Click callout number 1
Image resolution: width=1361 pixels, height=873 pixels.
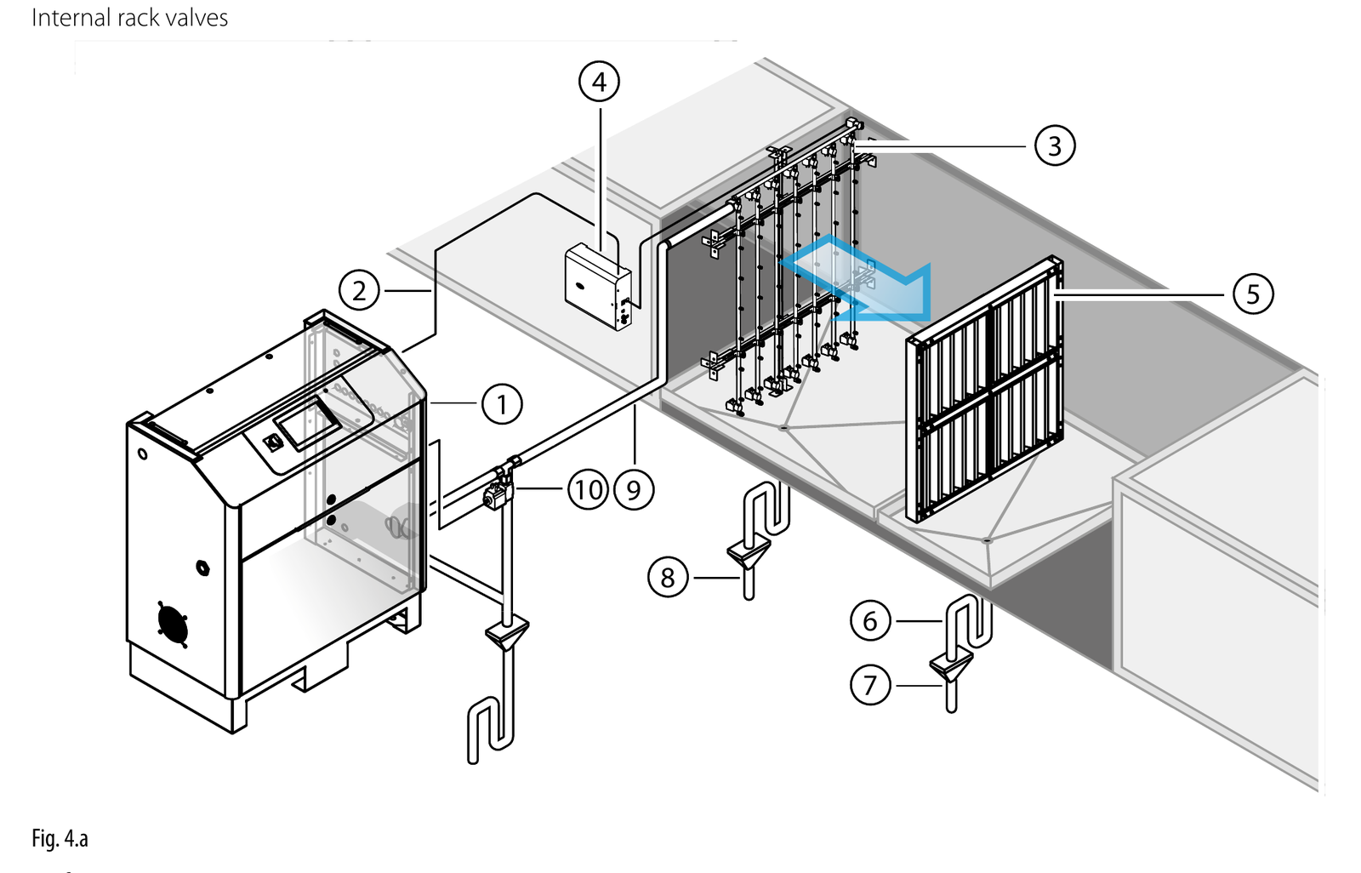[502, 404]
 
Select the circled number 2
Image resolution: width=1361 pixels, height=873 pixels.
[359, 291]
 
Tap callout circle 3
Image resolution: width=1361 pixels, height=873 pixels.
[1055, 145]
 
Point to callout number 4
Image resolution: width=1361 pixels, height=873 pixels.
[599, 82]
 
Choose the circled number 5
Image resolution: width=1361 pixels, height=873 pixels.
[1253, 294]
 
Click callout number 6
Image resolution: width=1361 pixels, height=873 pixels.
[870, 620]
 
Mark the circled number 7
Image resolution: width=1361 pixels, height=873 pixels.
[870, 685]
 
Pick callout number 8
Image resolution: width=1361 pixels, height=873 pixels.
[668, 577]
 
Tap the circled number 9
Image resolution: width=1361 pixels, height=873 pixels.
[634, 489]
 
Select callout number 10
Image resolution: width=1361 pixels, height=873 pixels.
[588, 489]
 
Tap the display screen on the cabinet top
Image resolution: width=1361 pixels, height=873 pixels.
[307, 422]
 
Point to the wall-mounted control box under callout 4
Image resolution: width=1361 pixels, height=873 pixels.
[598, 287]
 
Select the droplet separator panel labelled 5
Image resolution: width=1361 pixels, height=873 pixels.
[984, 389]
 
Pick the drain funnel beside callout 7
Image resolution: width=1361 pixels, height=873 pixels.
[951, 667]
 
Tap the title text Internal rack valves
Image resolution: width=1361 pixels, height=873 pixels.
[129, 18]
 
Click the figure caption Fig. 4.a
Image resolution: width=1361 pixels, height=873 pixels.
[60, 838]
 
